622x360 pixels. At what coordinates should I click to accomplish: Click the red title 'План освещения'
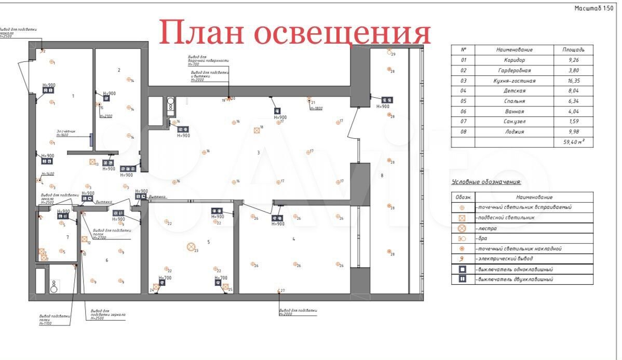click(295, 33)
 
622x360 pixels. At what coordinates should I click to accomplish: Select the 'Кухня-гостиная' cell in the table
click(514, 81)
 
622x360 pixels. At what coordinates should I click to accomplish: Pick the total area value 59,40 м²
click(573, 142)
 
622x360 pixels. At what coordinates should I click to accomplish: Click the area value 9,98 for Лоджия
click(573, 131)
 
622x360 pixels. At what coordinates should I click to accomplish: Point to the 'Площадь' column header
click(573, 50)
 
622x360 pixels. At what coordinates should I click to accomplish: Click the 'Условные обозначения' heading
click(486, 182)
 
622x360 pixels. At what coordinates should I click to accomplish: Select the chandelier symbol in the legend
click(462, 228)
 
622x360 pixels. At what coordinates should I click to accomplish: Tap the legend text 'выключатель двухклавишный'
click(514, 279)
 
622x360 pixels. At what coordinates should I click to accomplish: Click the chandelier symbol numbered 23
click(191, 247)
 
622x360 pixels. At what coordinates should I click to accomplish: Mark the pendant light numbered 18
click(256, 130)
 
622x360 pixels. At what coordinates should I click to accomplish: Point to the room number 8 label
click(382, 176)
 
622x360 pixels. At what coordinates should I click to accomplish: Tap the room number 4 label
click(294, 239)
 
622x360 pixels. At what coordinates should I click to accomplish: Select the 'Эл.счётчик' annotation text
click(66, 131)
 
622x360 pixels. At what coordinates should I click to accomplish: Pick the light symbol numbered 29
click(389, 51)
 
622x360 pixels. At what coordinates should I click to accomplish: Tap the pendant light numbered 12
click(84, 239)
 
